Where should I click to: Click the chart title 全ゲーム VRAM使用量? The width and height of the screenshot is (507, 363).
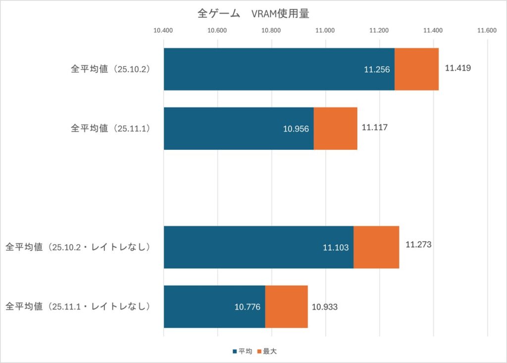253,14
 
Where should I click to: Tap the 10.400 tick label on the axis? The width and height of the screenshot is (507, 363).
163,31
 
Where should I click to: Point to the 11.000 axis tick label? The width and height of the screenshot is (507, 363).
325,31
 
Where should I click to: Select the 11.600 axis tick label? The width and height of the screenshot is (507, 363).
487,31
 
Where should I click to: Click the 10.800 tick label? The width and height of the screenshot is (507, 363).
271,31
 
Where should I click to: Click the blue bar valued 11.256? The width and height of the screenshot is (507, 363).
279,69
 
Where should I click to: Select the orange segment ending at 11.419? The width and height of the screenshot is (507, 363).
416,69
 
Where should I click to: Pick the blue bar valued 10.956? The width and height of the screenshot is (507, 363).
239,128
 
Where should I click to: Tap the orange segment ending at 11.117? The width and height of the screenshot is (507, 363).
335,128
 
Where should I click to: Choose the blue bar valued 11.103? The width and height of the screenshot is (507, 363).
258,247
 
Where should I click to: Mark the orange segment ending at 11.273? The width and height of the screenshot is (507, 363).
376,247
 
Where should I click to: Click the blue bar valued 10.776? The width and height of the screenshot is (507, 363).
214,306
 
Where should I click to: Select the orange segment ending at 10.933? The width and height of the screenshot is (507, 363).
287,306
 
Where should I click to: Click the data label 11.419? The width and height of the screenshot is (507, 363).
457,68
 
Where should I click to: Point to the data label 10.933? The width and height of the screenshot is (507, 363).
324,307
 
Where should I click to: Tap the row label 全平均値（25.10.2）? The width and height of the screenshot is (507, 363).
110,69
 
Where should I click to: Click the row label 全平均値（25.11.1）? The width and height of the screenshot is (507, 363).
110,128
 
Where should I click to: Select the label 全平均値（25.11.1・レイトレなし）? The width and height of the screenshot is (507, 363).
78,306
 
